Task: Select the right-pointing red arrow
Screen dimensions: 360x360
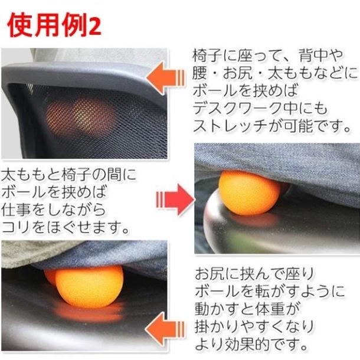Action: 175,200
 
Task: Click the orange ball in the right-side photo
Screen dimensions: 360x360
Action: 248,192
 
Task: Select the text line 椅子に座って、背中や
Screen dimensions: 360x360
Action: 267,57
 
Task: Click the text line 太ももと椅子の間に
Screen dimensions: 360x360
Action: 68,175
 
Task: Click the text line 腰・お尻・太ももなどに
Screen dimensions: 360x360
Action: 275,74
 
